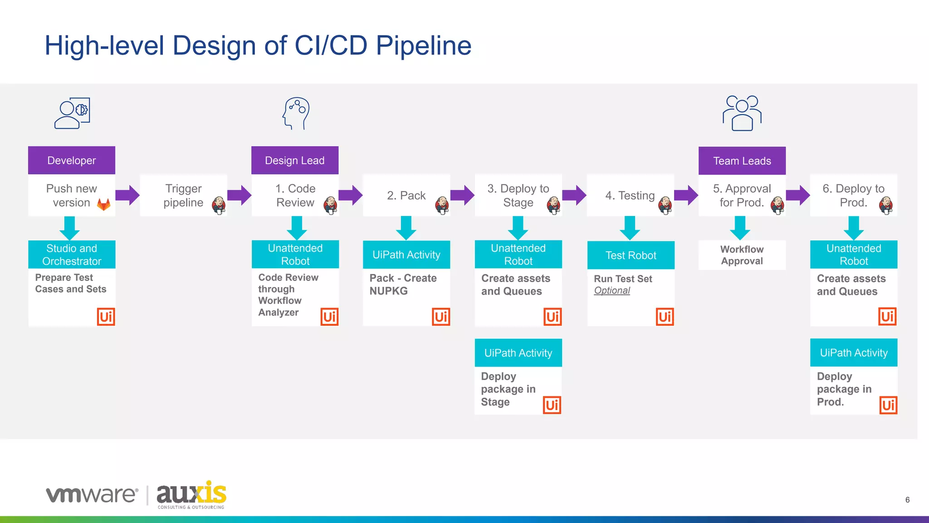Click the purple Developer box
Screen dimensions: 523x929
(72, 161)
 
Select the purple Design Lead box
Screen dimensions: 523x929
(295, 161)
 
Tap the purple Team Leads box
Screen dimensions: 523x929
(742, 161)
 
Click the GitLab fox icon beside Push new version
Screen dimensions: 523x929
(104, 204)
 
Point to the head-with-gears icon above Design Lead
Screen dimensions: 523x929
(296, 113)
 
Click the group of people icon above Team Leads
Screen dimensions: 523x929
(742, 113)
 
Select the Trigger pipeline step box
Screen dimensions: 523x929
(183, 196)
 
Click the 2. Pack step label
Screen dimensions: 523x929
(406, 196)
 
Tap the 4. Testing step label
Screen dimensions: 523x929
(630, 196)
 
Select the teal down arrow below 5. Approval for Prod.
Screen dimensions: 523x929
(740, 228)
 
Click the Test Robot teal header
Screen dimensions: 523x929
(631, 255)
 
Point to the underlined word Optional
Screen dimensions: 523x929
(612, 291)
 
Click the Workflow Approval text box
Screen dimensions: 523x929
(742, 255)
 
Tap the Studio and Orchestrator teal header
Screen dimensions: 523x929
(72, 254)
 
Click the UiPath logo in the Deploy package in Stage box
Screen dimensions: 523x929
(552, 405)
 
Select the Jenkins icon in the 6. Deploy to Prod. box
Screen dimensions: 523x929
(885, 205)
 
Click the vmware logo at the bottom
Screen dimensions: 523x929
(92, 494)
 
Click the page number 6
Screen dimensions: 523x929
(907, 500)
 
